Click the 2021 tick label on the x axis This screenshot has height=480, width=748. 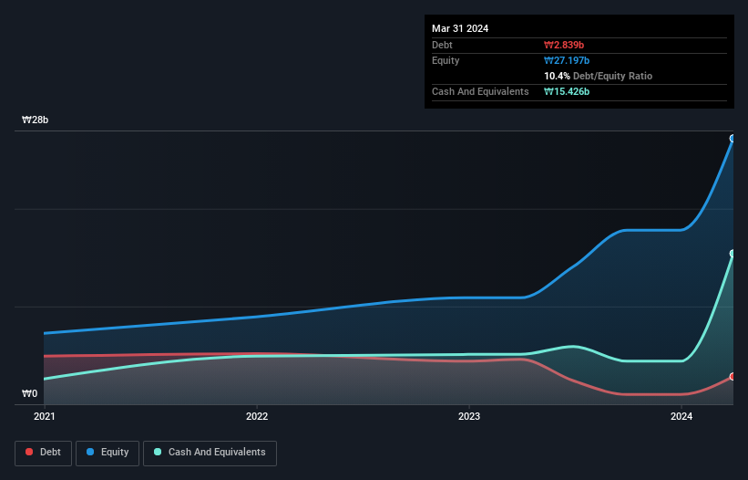point(44,417)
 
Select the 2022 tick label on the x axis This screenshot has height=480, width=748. point(257,417)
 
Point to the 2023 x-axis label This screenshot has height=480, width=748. point(469,417)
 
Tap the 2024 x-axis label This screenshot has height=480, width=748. point(681,417)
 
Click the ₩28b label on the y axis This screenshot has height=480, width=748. point(36,120)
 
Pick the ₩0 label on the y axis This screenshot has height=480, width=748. point(30,394)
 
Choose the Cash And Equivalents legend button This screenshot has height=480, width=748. point(210,453)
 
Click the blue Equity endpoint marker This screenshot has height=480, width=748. point(733,139)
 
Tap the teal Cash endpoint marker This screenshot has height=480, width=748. point(733,254)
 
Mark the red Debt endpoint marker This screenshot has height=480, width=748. point(733,376)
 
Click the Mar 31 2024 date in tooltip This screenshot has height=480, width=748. point(460,28)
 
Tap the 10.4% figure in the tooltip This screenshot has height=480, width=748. point(558,76)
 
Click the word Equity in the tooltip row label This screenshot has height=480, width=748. point(446,60)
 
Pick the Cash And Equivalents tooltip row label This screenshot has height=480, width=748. point(480,91)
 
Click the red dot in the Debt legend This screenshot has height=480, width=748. point(30,453)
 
